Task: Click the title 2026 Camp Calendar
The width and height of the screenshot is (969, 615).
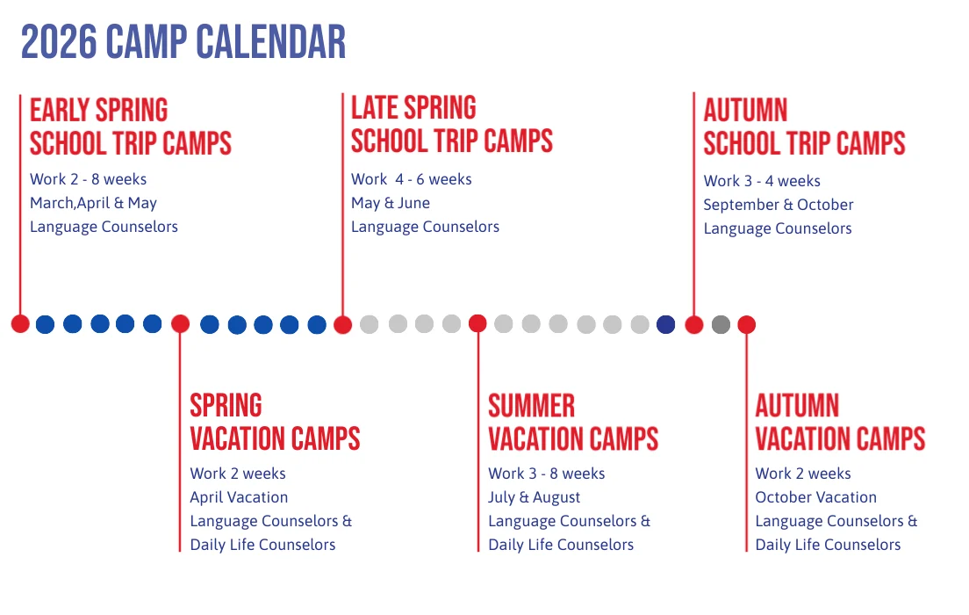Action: pyautogui.click(x=183, y=42)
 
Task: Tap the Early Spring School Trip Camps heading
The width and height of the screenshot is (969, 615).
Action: pyautogui.click(x=130, y=127)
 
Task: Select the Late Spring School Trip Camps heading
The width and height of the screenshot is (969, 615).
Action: pyautogui.click(x=451, y=125)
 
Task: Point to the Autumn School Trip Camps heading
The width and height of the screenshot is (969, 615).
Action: pyautogui.click(x=804, y=127)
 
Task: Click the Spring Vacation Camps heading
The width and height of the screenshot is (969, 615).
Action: pyautogui.click(x=275, y=422)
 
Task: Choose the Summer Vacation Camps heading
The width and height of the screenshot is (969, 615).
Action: pyautogui.click(x=572, y=422)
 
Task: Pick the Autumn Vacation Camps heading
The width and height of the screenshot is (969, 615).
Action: pyautogui.click(x=840, y=422)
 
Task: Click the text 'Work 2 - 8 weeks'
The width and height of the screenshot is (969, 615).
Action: pyautogui.click(x=88, y=179)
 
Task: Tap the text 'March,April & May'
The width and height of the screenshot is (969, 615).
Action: pyautogui.click(x=93, y=203)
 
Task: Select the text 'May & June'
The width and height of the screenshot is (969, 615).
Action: pyautogui.click(x=391, y=203)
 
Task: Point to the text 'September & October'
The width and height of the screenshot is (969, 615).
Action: pyautogui.click(x=778, y=205)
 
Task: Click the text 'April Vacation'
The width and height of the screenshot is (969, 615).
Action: pyautogui.click(x=239, y=497)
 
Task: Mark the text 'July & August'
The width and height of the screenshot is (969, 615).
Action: pyautogui.click(x=535, y=497)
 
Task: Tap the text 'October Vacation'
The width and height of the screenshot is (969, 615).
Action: pyautogui.click(x=815, y=497)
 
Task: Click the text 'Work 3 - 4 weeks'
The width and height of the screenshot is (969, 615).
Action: pyautogui.click(x=762, y=181)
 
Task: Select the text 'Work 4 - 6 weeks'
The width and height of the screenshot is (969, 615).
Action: pyautogui.click(x=411, y=179)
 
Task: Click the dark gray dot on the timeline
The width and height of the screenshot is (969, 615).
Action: pyautogui.click(x=721, y=325)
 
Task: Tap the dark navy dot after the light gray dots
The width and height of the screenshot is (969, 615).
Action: pyautogui.click(x=666, y=324)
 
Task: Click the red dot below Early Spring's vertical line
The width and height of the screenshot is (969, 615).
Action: pyautogui.click(x=20, y=324)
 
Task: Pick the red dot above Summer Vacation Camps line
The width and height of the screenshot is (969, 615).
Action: pyautogui.click(x=477, y=323)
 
